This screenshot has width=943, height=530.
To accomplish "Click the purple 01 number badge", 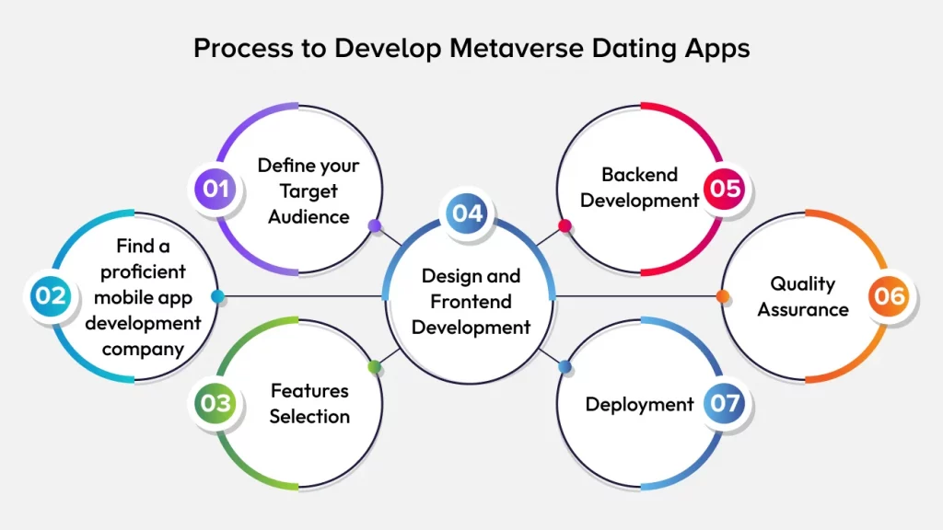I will coord(215,190).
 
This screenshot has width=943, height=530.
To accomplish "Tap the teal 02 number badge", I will coord(51,296).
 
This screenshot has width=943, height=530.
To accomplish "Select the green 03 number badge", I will coord(215,403).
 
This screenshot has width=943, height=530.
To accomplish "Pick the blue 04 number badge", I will coord(467,213).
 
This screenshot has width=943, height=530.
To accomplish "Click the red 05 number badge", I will coord(726,189).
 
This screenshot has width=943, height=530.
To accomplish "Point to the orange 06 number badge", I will coord(891,296).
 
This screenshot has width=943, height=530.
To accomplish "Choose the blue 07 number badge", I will coord(726,404).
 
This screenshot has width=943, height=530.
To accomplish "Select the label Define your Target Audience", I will coord(309,190).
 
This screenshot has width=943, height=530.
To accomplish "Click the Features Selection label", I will coord(309,403).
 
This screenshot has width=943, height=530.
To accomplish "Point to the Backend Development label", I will coord(639,187).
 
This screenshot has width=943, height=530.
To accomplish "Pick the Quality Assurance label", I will coord(803,296).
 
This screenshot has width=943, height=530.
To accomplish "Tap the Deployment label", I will coord(639,404).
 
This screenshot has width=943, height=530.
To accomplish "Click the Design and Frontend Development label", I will coord(471,301).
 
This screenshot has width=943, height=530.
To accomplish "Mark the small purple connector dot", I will coord(374,225).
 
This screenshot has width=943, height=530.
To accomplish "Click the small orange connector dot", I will coord(723,296).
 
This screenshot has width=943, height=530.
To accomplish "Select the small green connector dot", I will coord(374,367).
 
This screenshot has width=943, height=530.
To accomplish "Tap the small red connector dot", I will coord(565,225).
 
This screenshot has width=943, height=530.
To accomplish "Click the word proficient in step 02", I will coord(143,272).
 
